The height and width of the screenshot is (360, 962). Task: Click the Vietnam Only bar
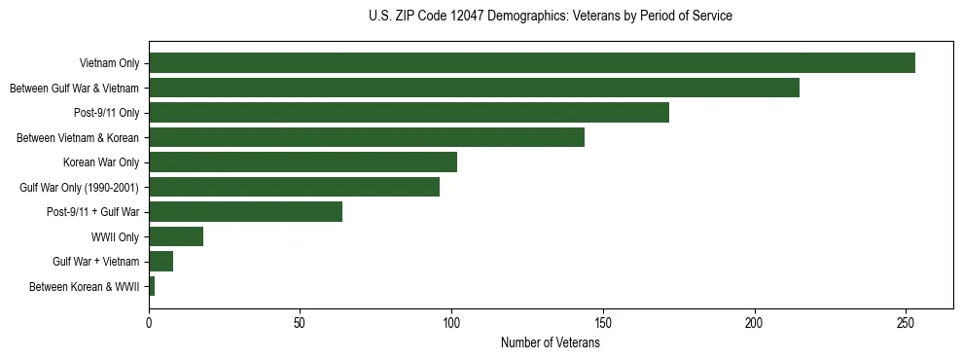point(532,63)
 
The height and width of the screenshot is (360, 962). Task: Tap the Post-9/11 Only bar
point(409,113)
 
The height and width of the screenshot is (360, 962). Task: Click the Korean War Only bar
point(303,162)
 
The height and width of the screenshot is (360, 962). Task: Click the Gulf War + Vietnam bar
point(160,262)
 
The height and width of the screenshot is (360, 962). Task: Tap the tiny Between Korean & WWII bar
point(152,286)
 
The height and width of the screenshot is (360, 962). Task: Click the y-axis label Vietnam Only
point(109,63)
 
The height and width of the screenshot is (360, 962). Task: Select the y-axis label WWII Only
point(115,236)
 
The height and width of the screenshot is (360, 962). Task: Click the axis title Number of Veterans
point(550,342)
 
